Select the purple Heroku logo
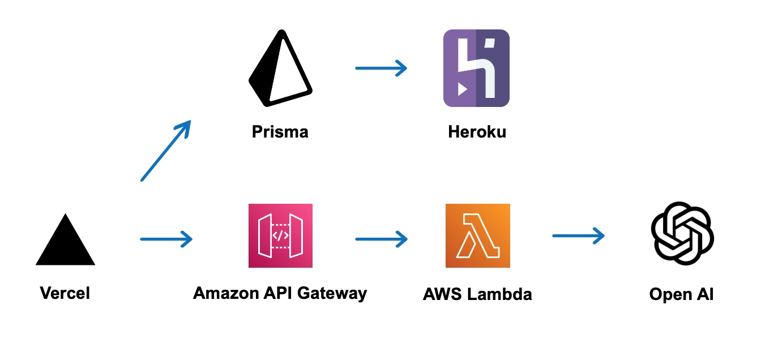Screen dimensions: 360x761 [476, 68]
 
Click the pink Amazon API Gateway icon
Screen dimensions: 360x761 [280, 235]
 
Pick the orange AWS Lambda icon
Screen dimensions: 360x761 [477, 235]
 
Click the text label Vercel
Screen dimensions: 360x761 [65, 293]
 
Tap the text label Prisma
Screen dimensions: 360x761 [280, 132]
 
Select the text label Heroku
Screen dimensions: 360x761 [477, 132]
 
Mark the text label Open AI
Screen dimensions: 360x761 [681, 294]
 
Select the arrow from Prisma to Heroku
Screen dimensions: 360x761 [381, 68]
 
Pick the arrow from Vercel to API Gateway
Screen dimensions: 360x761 [166, 239]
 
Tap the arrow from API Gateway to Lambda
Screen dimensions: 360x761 [381, 239]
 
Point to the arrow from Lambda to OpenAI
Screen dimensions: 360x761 [578, 235]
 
